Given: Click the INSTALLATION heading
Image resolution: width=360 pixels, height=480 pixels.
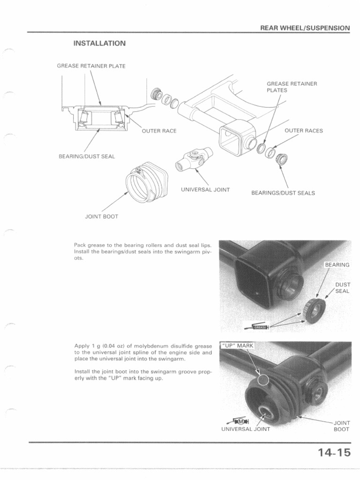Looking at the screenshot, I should [x=99, y=44].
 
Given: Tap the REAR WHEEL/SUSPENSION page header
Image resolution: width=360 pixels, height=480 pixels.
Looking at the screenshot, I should [x=305, y=28].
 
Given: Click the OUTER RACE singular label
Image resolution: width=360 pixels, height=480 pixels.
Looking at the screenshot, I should [x=159, y=131].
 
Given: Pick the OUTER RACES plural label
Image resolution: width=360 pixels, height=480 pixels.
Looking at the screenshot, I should [x=304, y=131].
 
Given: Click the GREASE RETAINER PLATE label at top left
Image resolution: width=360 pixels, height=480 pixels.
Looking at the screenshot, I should [x=91, y=66].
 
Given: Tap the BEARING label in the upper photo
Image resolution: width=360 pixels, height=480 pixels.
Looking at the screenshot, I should [x=337, y=265].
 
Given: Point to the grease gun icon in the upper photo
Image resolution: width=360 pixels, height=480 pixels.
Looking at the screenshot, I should [x=259, y=327].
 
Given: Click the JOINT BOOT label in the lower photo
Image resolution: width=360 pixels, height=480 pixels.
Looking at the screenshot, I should [x=341, y=426].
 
